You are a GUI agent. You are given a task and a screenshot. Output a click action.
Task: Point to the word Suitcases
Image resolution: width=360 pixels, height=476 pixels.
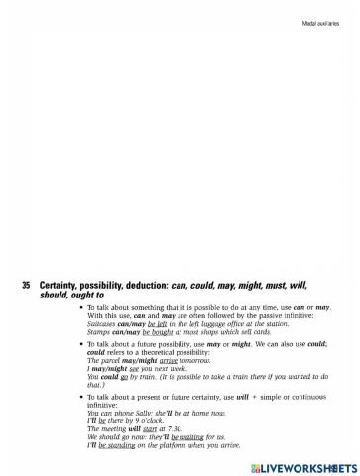(x=104, y=322)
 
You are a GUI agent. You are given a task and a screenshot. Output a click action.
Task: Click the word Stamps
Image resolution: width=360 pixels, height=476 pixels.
(x=98, y=330)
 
